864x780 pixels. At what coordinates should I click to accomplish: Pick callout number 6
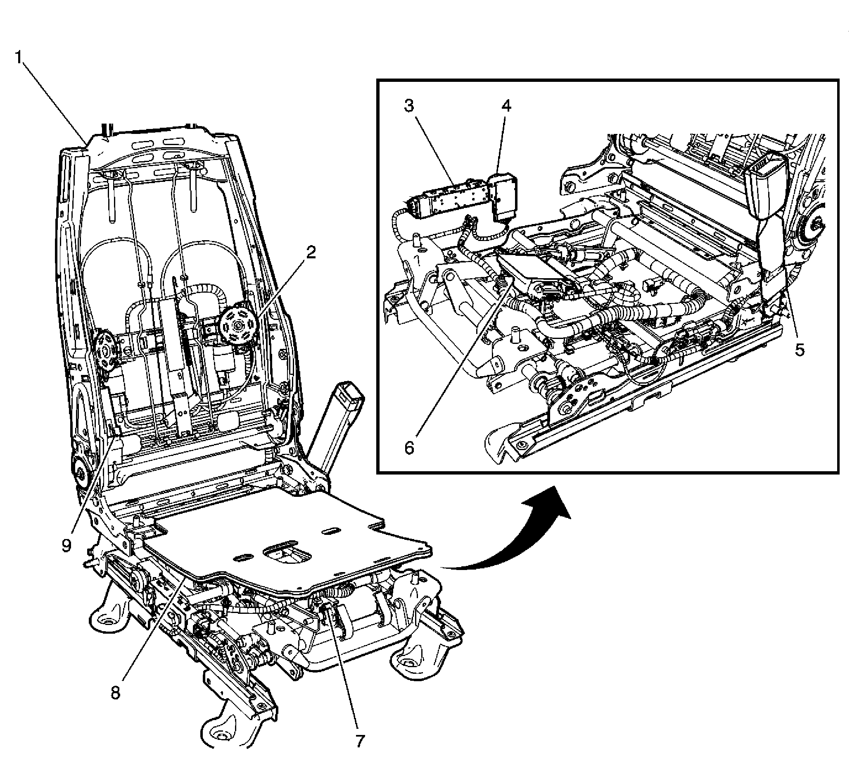409,448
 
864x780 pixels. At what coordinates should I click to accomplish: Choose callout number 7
360,741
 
